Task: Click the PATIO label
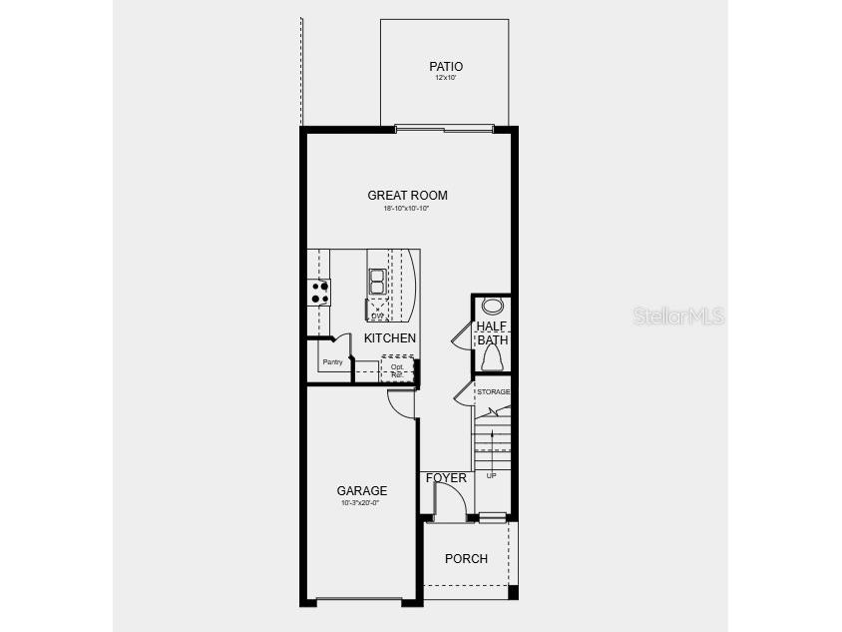point(446,67)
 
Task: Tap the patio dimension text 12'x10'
point(446,79)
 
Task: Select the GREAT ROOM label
point(407,196)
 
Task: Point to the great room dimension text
point(407,209)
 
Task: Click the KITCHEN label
point(390,338)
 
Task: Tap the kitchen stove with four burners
point(320,292)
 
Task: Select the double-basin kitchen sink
point(378,281)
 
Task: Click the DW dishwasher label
point(377,316)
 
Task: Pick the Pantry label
point(332,361)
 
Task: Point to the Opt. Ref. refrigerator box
point(397,369)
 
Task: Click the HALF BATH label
point(492,333)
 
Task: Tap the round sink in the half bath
point(493,307)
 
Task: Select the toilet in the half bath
point(492,358)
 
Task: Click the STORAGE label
point(493,391)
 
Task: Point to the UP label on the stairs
point(491,475)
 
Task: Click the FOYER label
point(446,478)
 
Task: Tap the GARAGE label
point(361,491)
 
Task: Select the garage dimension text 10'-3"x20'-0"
point(361,503)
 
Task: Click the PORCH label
point(466,559)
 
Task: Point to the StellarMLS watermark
point(678,316)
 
